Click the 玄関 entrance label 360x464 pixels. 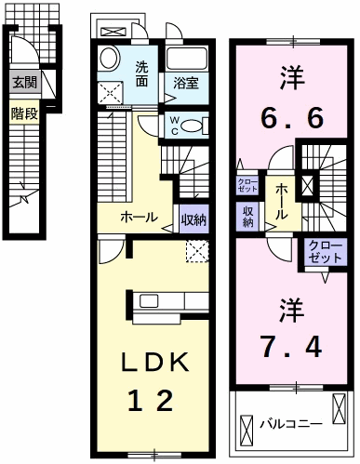[x=25, y=82]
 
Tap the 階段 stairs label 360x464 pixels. [x=24, y=114]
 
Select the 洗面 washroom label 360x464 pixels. [x=142, y=73]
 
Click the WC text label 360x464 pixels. [x=174, y=125]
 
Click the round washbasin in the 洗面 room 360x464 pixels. [x=108, y=58]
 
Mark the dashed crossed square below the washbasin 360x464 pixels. [x=112, y=91]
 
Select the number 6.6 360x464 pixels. [x=290, y=118]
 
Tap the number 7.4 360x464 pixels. [x=290, y=347]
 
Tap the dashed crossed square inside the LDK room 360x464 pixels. [x=197, y=250]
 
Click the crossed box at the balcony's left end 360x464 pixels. [x=247, y=430]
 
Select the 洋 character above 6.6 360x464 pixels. [x=290, y=73]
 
